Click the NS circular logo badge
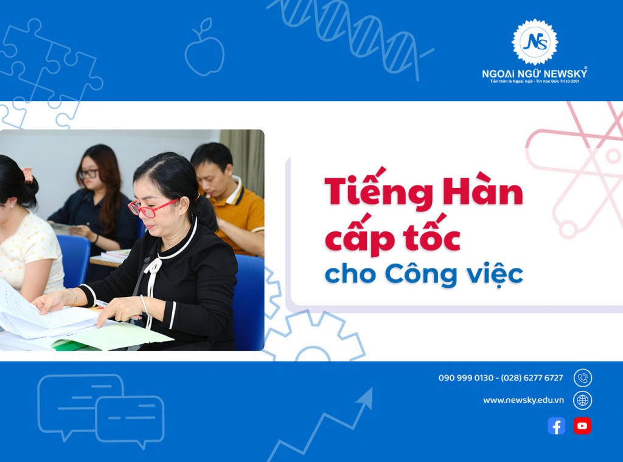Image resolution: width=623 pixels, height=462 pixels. (534, 42)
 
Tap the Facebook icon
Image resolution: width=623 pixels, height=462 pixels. (556, 426)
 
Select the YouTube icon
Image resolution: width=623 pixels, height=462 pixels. (582, 426)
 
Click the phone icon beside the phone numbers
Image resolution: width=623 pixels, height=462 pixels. (582, 378)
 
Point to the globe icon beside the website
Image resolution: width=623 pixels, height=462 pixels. (582, 400)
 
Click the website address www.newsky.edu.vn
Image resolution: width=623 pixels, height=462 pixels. (523, 401)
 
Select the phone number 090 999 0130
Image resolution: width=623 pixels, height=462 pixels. (465, 378)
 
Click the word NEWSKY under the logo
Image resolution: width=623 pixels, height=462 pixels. (565, 74)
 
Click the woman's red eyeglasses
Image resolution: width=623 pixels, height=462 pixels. (153, 208)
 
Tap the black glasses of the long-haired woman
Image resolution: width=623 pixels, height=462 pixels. (89, 173)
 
